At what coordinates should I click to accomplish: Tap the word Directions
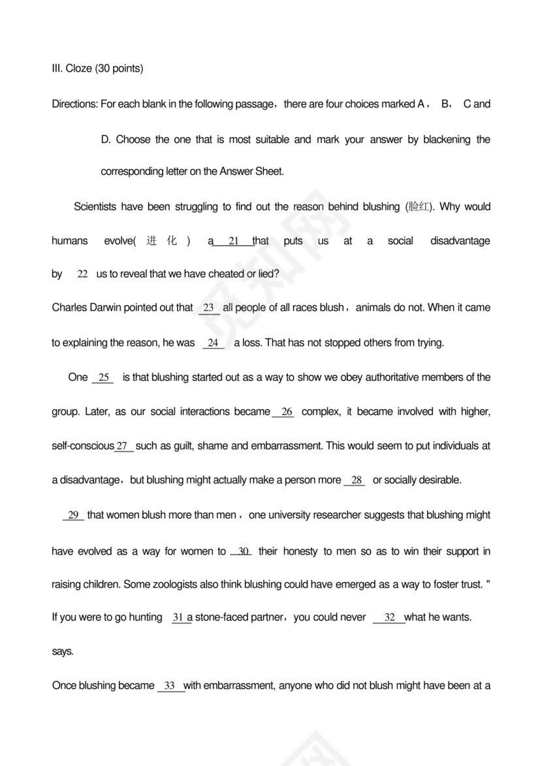[x=75, y=104]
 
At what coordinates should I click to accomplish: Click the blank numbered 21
[x=233, y=241]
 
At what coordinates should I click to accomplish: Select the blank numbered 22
[x=82, y=275]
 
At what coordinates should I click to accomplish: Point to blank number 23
[x=209, y=308]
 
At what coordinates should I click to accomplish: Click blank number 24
[x=213, y=343]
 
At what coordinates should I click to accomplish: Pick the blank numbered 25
[x=103, y=378]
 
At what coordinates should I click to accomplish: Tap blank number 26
[x=286, y=412]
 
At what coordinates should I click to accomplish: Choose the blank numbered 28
[x=357, y=481]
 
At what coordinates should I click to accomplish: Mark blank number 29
[x=74, y=515]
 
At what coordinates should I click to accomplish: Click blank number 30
[x=242, y=552]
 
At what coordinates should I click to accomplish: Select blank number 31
[x=180, y=617]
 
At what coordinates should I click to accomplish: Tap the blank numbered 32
[x=390, y=617]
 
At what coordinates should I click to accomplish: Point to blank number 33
[x=170, y=686]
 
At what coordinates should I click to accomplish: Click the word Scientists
[x=95, y=207]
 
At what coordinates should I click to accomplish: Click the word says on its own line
[x=63, y=651]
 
